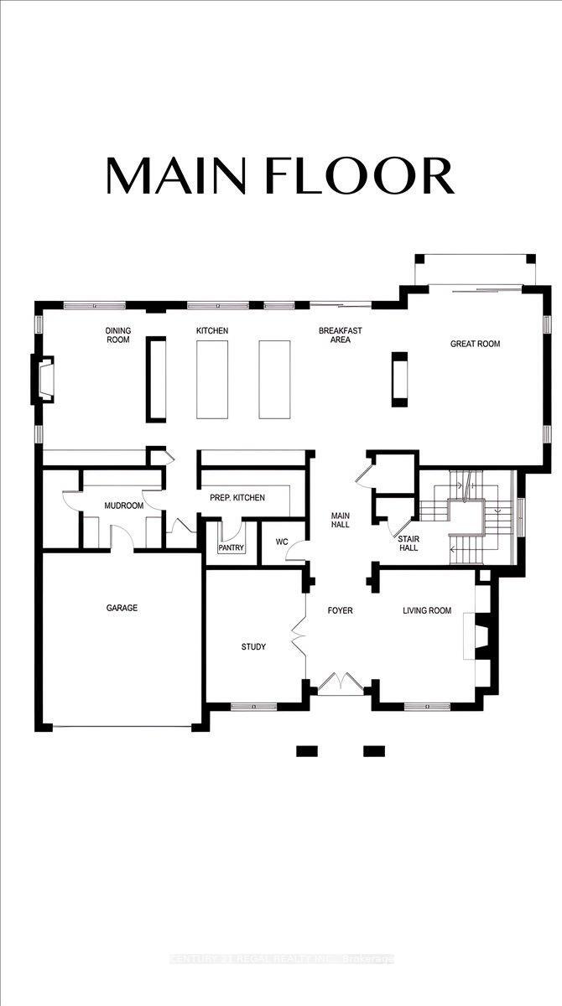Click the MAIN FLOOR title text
point(279,175)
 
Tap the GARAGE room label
point(122,608)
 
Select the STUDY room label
point(253,646)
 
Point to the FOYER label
point(340,610)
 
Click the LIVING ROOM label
point(427,610)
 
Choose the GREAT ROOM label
point(475,344)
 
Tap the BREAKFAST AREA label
point(340,335)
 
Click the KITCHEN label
point(212,331)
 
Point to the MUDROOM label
point(123,506)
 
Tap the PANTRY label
point(230,547)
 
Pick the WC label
point(282,542)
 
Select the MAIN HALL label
point(340,521)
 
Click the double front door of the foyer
point(340,683)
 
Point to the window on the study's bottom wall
point(253,707)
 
